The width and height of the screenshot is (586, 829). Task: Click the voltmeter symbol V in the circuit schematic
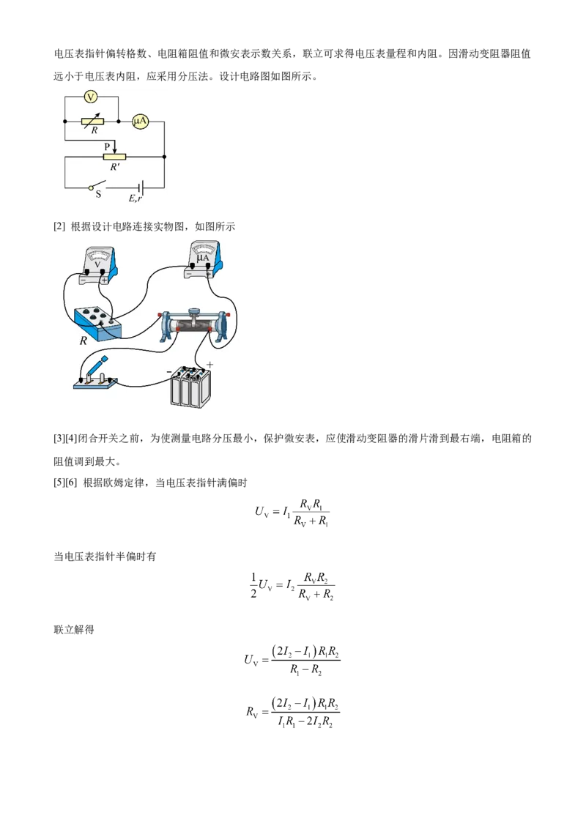click(x=91, y=97)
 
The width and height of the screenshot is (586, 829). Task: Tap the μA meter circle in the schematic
click(x=140, y=122)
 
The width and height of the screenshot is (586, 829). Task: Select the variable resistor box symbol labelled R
click(x=92, y=122)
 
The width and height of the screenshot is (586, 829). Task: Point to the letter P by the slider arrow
click(x=108, y=146)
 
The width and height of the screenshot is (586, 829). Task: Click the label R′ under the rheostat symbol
click(x=115, y=166)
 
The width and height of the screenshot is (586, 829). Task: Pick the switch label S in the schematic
click(x=98, y=195)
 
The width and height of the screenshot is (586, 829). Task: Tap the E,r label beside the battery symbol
click(x=136, y=198)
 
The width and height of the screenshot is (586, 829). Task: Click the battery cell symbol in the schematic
click(x=141, y=187)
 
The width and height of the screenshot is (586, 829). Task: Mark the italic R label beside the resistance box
click(x=83, y=341)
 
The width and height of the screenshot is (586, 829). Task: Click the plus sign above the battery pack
click(x=210, y=364)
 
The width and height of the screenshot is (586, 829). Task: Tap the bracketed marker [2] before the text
click(x=59, y=227)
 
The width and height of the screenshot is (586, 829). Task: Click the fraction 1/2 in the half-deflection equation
click(x=253, y=585)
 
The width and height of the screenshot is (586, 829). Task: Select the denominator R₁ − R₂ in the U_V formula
click(x=305, y=670)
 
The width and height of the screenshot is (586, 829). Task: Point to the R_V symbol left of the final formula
click(x=252, y=712)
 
